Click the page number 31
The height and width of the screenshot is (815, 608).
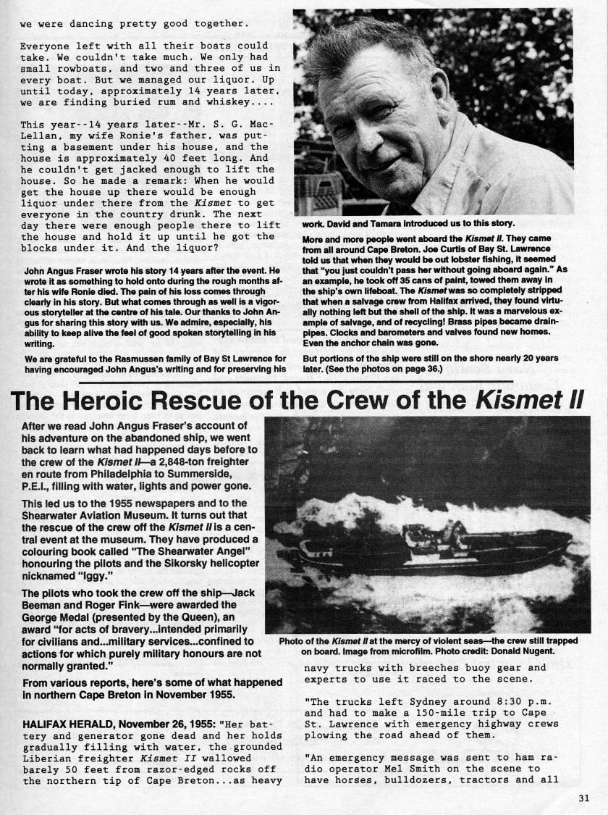[x=585, y=800]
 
